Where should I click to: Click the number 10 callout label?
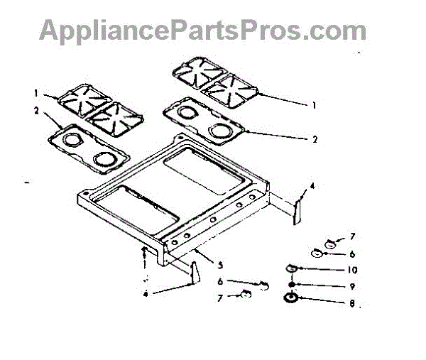tap(332, 270)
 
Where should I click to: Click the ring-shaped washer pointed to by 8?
tap(291, 298)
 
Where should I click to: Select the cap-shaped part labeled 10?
tap(291, 269)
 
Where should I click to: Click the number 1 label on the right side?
tap(313, 104)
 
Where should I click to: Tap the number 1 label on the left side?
tap(35, 92)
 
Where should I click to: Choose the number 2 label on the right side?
tap(313, 139)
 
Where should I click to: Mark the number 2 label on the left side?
tap(35, 110)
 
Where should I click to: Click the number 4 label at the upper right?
tap(310, 187)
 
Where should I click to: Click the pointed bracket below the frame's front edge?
tap(192, 271)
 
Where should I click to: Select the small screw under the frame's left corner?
tap(145, 253)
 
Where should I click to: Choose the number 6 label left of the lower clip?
tap(221, 282)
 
